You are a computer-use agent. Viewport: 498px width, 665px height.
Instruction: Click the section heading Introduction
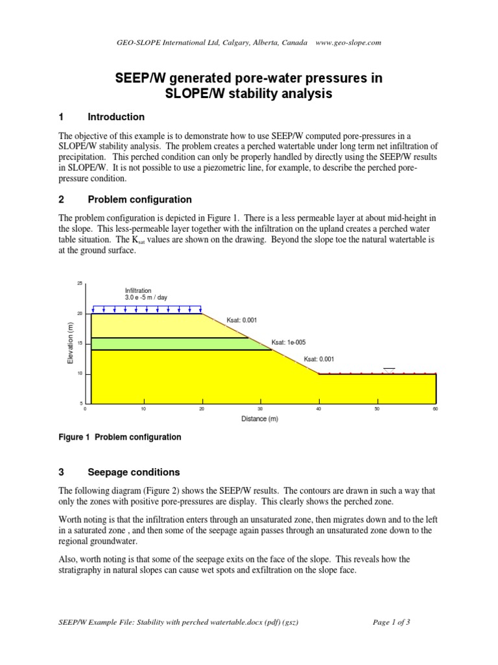[x=116, y=117]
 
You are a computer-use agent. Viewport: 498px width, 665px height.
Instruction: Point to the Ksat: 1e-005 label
[x=287, y=342]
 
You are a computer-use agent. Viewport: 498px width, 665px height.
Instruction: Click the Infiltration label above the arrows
[x=138, y=290]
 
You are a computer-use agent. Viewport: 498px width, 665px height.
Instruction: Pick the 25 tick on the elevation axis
[x=80, y=284]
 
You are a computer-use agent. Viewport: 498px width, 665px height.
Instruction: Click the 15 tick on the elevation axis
[x=80, y=344]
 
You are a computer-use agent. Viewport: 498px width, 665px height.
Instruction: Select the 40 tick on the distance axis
[x=319, y=409]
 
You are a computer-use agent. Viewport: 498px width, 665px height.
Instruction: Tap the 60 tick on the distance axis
[x=435, y=409]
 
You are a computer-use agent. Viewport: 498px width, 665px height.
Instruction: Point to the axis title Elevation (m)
[x=70, y=344]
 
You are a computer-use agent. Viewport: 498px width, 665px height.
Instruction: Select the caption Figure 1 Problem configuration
[x=120, y=437]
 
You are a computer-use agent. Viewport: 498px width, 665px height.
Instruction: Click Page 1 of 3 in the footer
[x=392, y=621]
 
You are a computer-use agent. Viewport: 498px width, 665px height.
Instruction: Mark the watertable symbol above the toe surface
[x=389, y=370]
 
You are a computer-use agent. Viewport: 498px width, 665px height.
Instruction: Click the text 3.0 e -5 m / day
[x=146, y=297]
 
